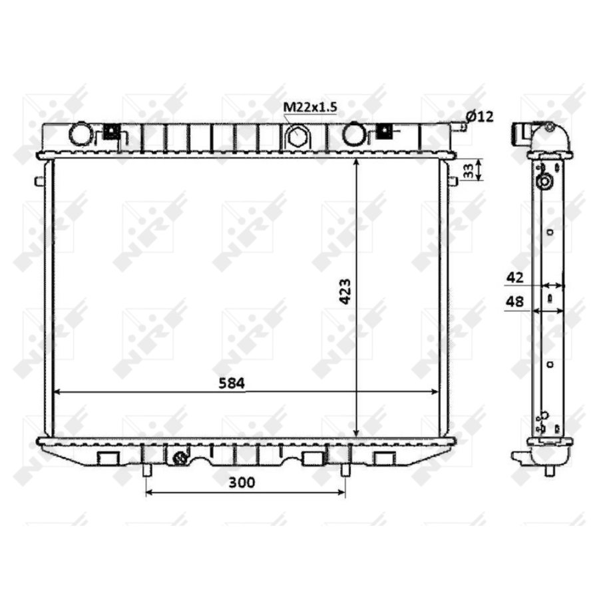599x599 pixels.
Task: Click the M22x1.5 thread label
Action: point(309,107)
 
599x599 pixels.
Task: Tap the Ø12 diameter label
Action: point(480,116)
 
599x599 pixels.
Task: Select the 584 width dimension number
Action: point(232,383)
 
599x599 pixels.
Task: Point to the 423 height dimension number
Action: point(345,292)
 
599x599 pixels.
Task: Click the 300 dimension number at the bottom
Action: point(242,483)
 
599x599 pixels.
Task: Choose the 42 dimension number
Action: point(514,278)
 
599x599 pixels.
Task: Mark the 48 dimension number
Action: point(514,301)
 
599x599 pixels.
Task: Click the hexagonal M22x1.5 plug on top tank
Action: point(296,136)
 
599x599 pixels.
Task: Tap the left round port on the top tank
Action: point(81,134)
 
